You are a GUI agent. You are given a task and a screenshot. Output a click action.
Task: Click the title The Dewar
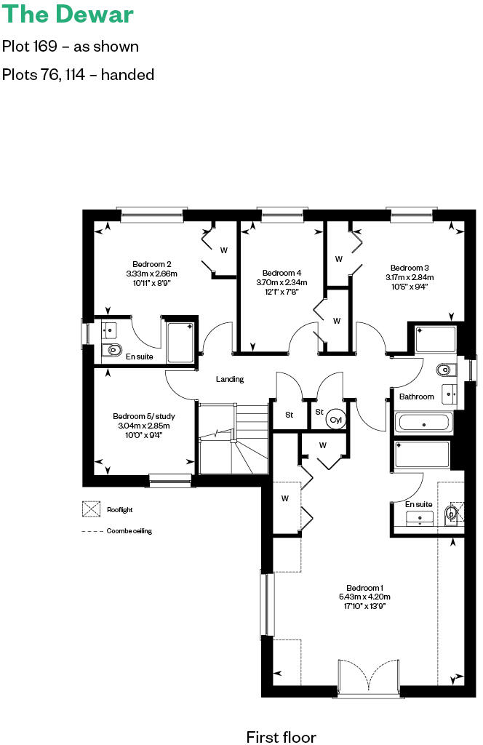point(68,15)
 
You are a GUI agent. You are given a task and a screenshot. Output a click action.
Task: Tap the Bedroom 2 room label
point(151,264)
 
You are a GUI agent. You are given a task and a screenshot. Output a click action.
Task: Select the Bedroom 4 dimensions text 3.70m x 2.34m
point(282,282)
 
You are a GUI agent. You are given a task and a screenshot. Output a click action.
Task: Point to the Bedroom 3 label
point(409,267)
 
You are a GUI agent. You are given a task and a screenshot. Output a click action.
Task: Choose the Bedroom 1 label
point(364,588)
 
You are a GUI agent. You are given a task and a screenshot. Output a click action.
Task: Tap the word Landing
point(230,379)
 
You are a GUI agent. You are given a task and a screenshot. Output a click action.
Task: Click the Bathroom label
point(416,397)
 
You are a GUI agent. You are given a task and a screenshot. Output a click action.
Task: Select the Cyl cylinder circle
point(336,420)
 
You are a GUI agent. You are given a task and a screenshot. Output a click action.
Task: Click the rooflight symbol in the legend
point(91,509)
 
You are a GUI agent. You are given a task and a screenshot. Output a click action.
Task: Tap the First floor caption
point(281,737)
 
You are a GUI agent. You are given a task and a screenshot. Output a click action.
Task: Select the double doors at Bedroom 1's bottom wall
point(368,678)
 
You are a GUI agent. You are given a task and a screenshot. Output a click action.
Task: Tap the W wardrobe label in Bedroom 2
point(224,250)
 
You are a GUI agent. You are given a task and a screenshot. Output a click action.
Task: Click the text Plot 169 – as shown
point(71,47)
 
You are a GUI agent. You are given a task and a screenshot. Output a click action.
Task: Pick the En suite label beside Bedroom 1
point(418,504)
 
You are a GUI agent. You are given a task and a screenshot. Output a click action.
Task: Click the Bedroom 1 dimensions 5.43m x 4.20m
point(364,597)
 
